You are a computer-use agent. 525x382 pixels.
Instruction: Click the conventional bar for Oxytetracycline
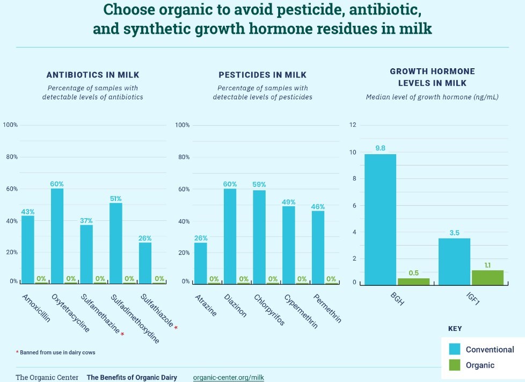57,235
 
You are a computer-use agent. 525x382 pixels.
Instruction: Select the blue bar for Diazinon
230,235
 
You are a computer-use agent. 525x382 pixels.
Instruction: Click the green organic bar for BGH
413,280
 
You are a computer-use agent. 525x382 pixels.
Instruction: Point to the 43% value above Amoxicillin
28,212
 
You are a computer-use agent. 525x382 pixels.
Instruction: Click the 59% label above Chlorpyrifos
259,184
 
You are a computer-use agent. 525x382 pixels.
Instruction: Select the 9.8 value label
380,148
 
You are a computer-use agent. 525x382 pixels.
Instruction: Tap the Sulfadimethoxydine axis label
135,318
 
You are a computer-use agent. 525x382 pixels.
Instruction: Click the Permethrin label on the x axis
327,308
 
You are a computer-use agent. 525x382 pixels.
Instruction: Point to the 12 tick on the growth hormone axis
353,125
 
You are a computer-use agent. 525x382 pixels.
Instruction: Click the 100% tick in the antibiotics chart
10,125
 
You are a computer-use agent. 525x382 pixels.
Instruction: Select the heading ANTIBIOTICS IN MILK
93,75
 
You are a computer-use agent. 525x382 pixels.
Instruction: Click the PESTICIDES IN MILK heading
262,75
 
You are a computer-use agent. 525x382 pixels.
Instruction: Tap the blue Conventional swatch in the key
454,349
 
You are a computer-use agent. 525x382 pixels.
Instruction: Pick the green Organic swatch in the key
454,365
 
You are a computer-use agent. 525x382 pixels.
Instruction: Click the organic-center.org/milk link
228,377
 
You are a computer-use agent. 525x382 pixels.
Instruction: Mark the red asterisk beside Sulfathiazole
176,328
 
